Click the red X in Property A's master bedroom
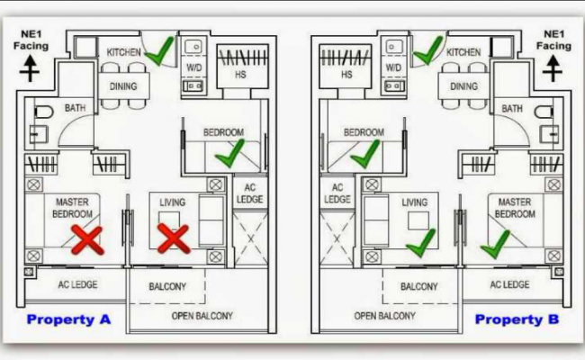click(x=87, y=239)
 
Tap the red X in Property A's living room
click(x=172, y=239)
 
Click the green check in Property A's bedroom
click(x=229, y=158)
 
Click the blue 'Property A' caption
click(x=67, y=319)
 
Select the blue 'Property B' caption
click(x=517, y=319)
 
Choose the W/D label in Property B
click(x=393, y=67)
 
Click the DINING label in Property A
click(x=123, y=86)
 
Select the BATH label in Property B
click(x=511, y=109)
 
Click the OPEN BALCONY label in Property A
click(x=202, y=316)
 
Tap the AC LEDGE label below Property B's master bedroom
click(x=508, y=284)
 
